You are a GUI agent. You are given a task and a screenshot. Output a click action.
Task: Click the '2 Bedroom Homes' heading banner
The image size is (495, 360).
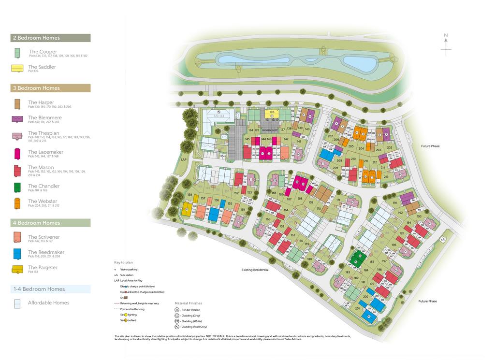pyautogui.click(x=50, y=38)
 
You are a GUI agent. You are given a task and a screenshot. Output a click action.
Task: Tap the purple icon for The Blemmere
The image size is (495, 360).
pyautogui.click(x=17, y=119)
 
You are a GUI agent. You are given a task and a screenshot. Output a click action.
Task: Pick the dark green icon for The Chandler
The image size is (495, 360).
pyautogui.click(x=17, y=187)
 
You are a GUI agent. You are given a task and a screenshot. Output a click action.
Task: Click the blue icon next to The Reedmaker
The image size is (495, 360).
pyautogui.click(x=17, y=254)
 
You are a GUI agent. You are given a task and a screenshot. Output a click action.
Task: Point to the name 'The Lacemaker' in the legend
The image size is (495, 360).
pyautogui.click(x=45, y=152)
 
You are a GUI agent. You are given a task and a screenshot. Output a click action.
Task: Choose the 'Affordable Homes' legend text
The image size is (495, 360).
pyautogui.click(x=48, y=303)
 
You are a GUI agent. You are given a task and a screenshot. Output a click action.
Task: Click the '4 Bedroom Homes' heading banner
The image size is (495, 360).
pyautogui.click(x=50, y=223)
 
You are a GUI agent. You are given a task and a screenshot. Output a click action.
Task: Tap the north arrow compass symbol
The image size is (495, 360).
pyautogui.click(x=446, y=44)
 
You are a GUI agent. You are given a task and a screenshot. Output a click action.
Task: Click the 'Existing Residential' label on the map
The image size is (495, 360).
pyautogui.click(x=255, y=270)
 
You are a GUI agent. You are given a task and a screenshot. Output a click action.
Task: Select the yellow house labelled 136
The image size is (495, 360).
pyautogui.click(x=272, y=114)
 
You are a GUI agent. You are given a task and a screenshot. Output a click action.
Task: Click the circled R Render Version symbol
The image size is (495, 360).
pyautogui.click(x=177, y=310)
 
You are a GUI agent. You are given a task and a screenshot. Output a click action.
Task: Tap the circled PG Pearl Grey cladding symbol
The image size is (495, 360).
pyautogui.click(x=177, y=327)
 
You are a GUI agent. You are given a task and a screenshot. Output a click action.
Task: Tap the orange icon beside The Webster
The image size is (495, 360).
pyautogui.click(x=17, y=203)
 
